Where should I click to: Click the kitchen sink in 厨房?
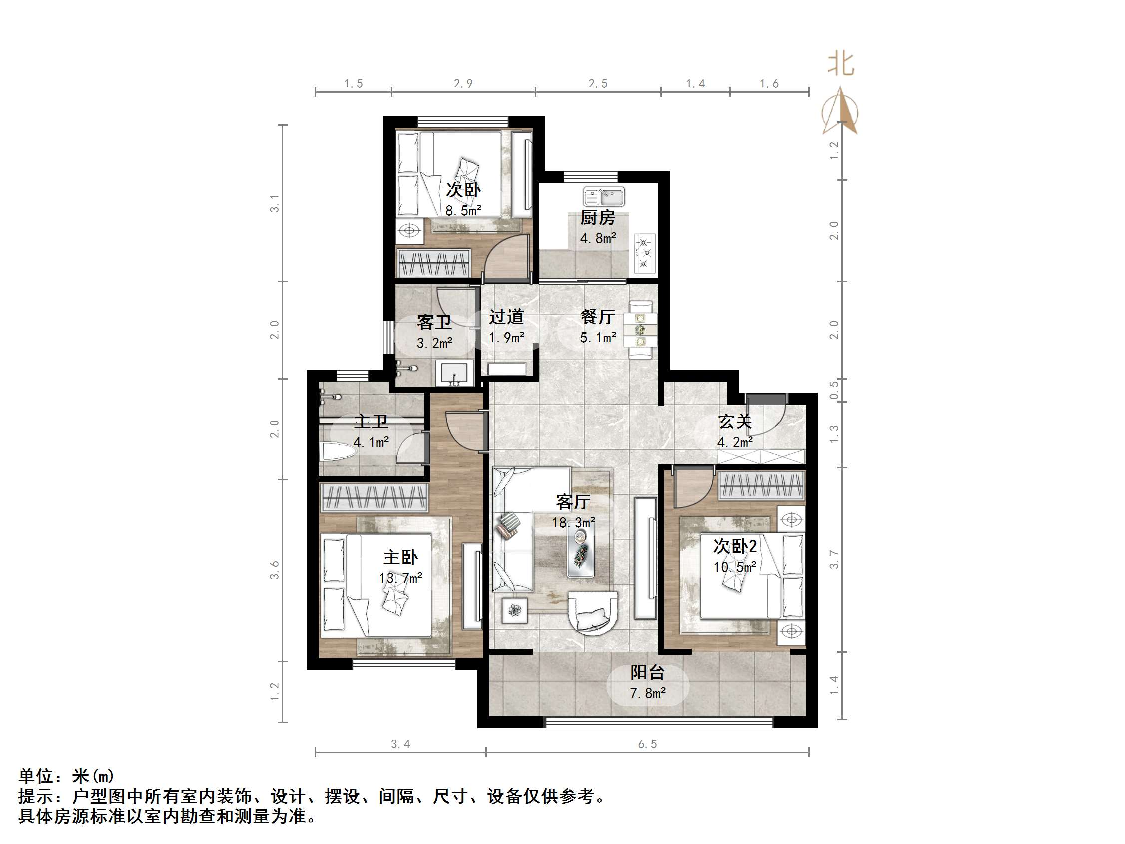pos(604,196)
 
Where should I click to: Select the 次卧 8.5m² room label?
pos(463,199)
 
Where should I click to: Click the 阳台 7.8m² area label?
pos(648,682)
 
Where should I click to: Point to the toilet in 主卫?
pos(336,452)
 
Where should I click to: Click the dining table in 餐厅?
pos(640,330)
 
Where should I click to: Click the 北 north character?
pos(840,64)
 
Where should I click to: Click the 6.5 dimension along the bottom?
pos(648,744)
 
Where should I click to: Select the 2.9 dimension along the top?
pos(463,83)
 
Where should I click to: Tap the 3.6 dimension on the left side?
pos(275,570)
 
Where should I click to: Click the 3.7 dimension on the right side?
pos(834,559)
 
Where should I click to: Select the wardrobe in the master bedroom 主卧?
pos(375,497)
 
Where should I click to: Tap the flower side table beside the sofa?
pos(514,610)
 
